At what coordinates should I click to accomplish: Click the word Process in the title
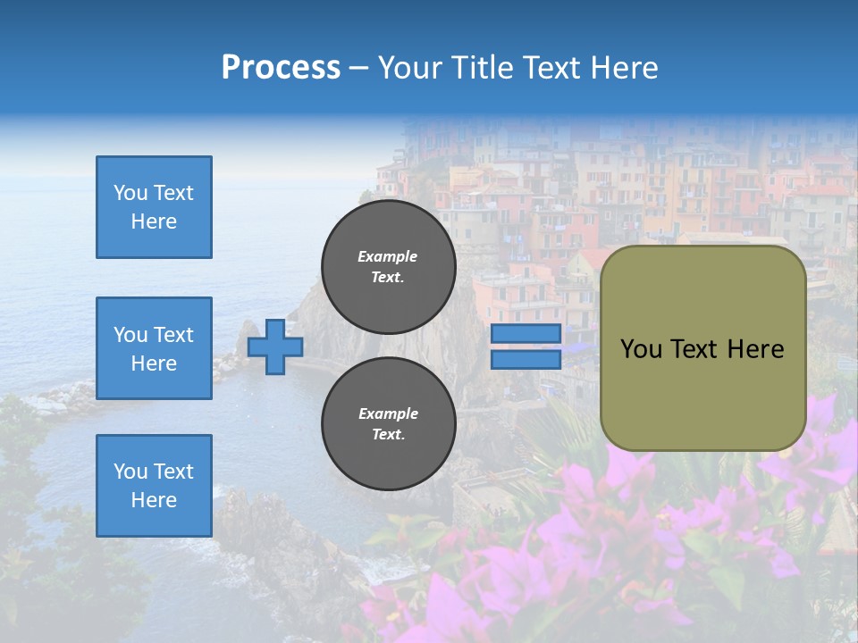[x=281, y=68]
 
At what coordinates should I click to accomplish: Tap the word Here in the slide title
[x=623, y=68]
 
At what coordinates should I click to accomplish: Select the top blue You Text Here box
[x=154, y=207]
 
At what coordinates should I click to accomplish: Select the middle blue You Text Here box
[x=154, y=348]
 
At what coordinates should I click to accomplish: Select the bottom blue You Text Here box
[x=154, y=486]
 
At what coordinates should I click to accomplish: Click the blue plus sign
[x=275, y=347]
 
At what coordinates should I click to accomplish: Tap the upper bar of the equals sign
[x=526, y=334]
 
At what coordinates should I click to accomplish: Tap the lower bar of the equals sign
[x=526, y=360]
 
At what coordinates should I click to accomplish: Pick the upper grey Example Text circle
[x=389, y=266]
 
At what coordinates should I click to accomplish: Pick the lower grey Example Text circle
[x=389, y=423]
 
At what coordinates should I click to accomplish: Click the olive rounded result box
[x=703, y=348]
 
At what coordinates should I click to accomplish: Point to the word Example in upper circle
[x=388, y=256]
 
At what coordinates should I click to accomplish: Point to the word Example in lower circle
[x=388, y=413]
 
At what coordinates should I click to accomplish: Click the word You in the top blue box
[x=130, y=193]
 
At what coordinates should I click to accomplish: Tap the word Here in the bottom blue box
[x=154, y=500]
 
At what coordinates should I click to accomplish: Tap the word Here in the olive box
[x=755, y=349]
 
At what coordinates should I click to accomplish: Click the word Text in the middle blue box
[x=173, y=335]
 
